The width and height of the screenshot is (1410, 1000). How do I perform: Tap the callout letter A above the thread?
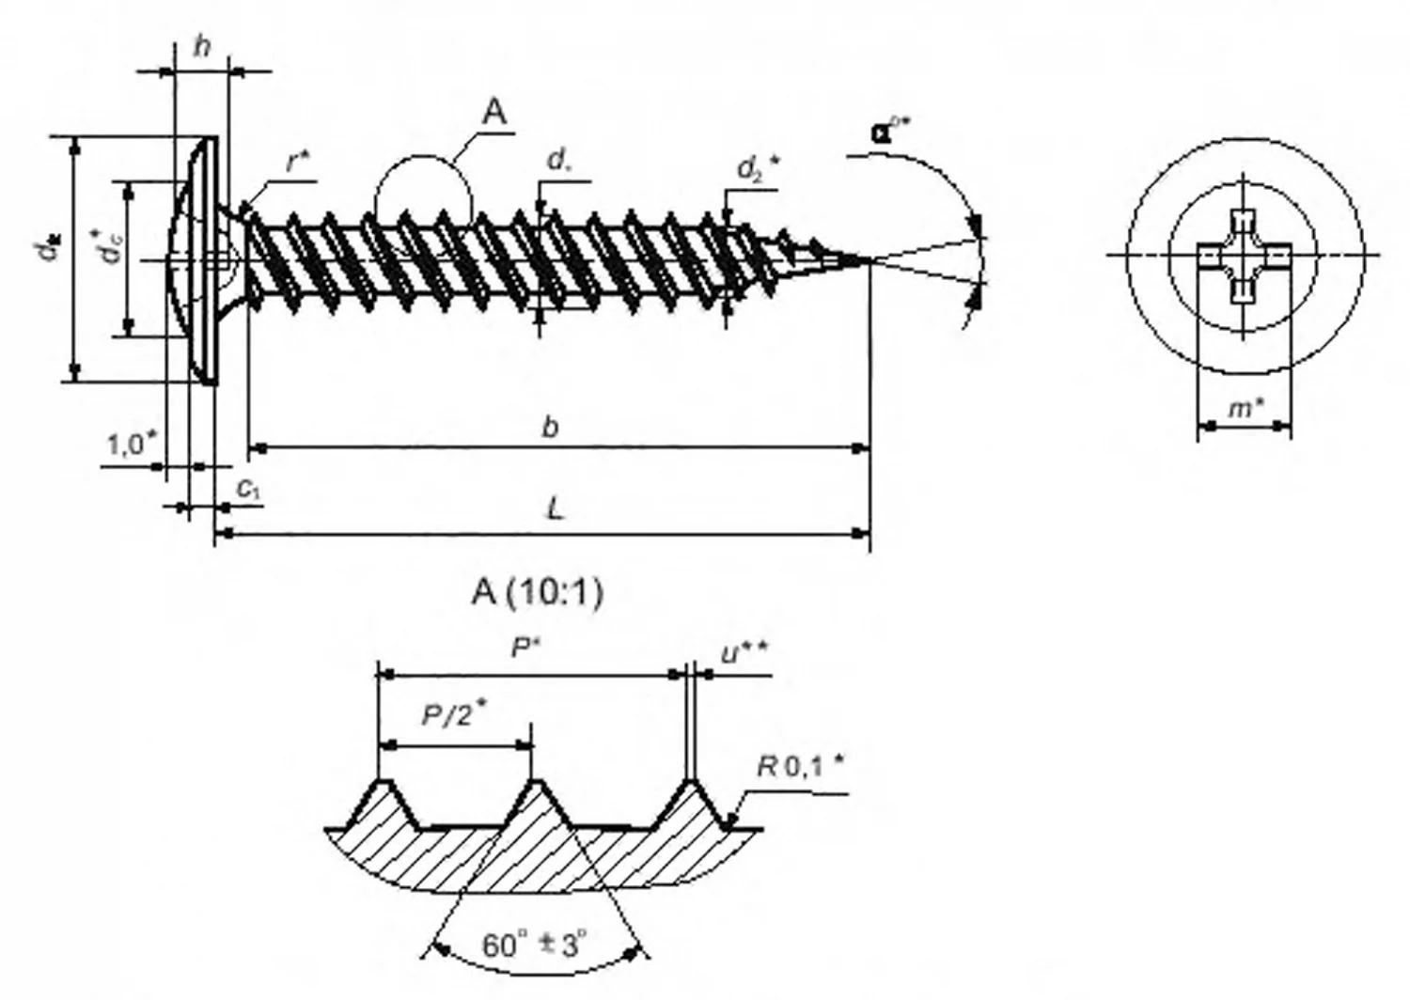pyautogui.click(x=494, y=114)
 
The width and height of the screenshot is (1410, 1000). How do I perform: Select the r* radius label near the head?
pyautogui.click(x=299, y=162)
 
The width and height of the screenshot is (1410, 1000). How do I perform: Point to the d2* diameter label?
pyautogui.click(x=758, y=169)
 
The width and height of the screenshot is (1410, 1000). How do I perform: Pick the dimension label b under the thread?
pyautogui.click(x=551, y=427)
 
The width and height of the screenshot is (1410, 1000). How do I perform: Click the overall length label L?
pyautogui.click(x=556, y=510)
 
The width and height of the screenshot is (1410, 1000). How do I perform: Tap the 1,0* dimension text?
pyautogui.click(x=131, y=444)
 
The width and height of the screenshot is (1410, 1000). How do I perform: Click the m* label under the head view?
pyautogui.click(x=1245, y=408)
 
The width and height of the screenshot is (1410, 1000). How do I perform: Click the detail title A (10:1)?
pyautogui.click(x=538, y=592)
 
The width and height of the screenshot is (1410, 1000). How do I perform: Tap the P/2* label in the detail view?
pyautogui.click(x=452, y=716)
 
